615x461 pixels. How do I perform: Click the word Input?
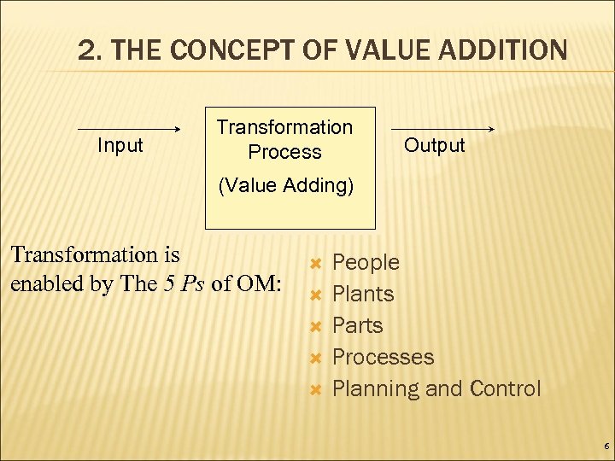coord(120,146)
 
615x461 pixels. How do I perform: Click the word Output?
coord(434,145)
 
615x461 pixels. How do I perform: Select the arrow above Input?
coord(129,130)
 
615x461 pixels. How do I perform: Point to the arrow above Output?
coord(443,129)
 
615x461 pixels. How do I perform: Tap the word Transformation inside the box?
coord(284,127)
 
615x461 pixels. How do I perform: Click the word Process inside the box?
coord(284,152)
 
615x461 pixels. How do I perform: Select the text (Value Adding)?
coord(285,186)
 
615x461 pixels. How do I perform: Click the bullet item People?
coord(366,262)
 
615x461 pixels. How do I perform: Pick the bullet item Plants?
coord(363,294)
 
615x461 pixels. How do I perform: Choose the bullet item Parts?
coord(357,325)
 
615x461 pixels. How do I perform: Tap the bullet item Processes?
coord(383,357)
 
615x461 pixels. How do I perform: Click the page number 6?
coord(606,446)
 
